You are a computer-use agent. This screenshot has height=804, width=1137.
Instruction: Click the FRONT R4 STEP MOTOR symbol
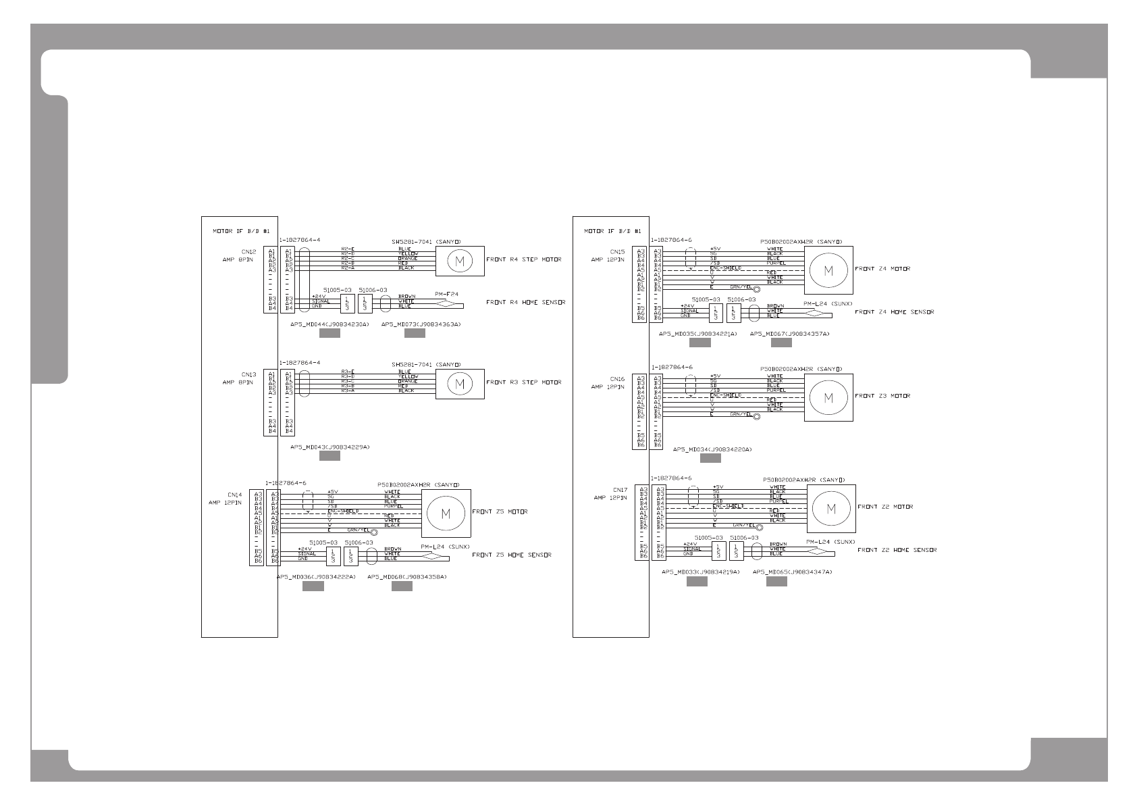tap(460, 261)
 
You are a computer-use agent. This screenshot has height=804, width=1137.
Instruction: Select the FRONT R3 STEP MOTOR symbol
tap(460, 384)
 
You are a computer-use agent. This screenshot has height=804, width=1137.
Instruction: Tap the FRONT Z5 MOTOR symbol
tap(446, 513)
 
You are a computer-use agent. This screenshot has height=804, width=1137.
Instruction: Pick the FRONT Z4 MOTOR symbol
tap(828, 270)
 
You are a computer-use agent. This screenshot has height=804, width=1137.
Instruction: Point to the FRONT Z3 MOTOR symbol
tap(828, 397)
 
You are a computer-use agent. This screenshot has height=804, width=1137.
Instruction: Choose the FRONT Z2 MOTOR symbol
tap(831, 508)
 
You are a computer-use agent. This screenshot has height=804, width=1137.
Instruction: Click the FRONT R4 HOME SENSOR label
tap(525, 303)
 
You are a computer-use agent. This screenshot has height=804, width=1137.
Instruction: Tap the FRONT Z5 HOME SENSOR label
tap(511, 555)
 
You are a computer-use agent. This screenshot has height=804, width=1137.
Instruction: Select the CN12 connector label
tap(248, 253)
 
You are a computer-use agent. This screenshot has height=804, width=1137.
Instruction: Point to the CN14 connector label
tap(234, 495)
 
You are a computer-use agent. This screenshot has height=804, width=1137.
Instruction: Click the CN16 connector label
tap(617, 380)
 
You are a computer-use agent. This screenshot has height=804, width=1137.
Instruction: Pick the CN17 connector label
tap(620, 490)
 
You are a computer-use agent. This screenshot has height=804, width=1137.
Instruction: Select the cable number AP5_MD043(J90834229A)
tap(329, 447)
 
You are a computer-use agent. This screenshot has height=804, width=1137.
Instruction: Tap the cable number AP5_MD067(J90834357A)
tap(789, 334)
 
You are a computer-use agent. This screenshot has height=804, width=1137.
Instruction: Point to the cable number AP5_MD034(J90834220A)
tap(712, 449)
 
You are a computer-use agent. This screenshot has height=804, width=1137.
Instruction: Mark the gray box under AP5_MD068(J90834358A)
tap(402, 586)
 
